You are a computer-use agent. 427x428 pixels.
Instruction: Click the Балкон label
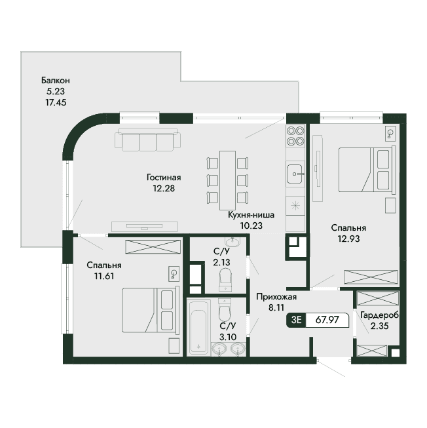coord(56,80)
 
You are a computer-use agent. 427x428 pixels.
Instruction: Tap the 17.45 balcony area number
coord(56,102)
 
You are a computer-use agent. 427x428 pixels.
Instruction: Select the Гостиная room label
coord(164,178)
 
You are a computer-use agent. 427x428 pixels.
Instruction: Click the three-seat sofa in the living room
coord(147,140)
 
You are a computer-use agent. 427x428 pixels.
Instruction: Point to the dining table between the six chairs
coord(228,180)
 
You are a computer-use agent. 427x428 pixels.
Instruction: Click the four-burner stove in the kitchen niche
coord(295,136)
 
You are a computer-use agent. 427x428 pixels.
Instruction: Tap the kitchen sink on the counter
coord(295,174)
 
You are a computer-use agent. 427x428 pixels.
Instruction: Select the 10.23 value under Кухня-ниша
coord(251,225)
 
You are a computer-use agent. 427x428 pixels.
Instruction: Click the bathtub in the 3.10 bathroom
coord(199,328)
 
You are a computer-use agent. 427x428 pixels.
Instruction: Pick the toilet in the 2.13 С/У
coord(225,279)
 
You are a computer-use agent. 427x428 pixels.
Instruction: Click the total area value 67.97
coord(327,320)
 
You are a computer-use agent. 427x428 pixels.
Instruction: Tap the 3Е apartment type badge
coord(297,320)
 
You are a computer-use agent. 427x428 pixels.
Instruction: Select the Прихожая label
coord(276,297)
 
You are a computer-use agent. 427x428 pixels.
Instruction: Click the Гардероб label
coord(379,315)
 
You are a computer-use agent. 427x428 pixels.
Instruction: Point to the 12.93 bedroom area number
coord(349,239)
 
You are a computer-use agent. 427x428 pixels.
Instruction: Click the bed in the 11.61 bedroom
coord(151,311)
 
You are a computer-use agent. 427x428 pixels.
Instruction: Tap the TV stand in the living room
coord(145,227)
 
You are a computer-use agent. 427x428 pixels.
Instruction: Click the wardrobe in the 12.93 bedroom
coord(371,277)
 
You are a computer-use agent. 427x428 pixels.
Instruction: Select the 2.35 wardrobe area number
coord(379,326)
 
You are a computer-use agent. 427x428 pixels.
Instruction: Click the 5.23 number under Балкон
coord(56,92)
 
